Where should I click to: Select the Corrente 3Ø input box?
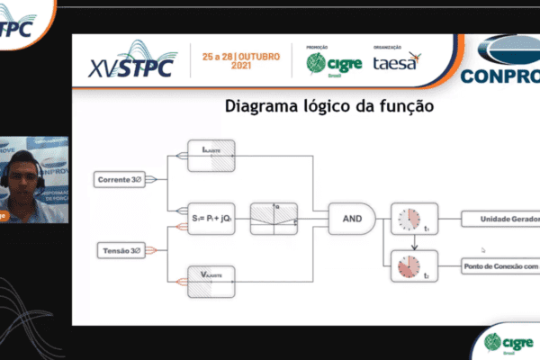click(120, 181)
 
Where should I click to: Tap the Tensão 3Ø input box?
click(120, 249)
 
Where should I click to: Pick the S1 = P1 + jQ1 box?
click(211, 217)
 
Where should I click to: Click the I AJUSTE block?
click(211, 155)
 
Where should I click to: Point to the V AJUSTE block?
click(211, 279)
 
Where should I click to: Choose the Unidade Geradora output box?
click(499, 219)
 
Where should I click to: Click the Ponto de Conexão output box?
click(499, 266)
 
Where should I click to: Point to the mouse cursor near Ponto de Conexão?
click(483, 250)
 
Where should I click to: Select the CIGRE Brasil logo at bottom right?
click(507, 342)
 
